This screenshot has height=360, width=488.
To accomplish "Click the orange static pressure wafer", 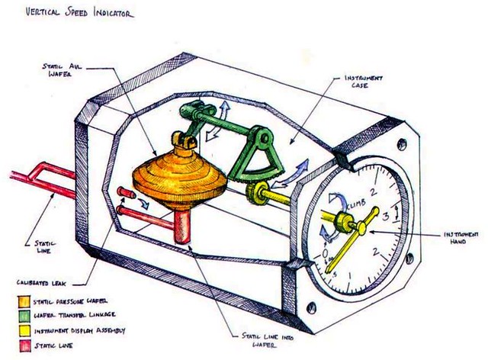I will (176, 179).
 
